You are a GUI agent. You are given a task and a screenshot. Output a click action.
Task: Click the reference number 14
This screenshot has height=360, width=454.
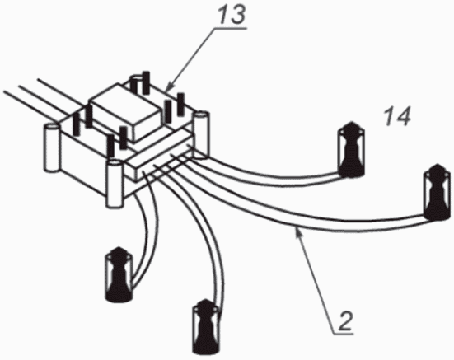click(x=398, y=115)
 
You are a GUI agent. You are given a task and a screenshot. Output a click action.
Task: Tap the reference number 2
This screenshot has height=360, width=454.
click(x=346, y=321)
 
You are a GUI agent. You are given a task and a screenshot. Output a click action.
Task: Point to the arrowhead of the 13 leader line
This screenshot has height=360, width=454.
click(x=169, y=87)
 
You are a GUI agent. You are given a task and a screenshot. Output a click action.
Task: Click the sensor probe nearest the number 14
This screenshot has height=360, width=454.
click(x=351, y=150)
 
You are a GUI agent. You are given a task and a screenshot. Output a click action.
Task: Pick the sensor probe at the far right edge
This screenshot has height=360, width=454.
click(x=438, y=193)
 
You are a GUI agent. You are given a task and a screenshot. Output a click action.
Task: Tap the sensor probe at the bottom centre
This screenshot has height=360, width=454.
click(x=206, y=326)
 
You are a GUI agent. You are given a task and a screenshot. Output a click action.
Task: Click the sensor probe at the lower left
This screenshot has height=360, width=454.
click(x=119, y=274)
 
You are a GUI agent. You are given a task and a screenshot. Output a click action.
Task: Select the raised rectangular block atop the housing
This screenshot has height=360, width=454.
click(x=126, y=111)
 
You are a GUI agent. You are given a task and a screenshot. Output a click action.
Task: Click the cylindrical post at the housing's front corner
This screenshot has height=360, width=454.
click(x=115, y=184)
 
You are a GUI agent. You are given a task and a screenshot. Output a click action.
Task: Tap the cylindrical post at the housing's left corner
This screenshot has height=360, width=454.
click(x=52, y=147)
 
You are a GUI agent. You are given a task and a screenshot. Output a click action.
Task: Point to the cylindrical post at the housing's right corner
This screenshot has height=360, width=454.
click(x=201, y=134)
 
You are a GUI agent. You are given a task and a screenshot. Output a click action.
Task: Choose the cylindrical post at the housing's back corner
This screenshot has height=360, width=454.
click(x=138, y=82)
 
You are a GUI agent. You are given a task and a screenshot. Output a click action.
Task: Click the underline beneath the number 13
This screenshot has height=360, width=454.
click(x=230, y=28)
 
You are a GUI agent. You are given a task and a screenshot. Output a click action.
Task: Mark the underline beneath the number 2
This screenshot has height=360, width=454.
click(x=343, y=334)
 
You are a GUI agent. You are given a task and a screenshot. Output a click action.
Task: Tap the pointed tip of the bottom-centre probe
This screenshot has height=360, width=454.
click(x=205, y=301)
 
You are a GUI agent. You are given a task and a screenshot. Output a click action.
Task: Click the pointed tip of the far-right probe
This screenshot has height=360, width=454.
click(x=438, y=166)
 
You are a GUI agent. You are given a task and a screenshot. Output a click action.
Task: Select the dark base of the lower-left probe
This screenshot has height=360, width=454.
click(x=119, y=295)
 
